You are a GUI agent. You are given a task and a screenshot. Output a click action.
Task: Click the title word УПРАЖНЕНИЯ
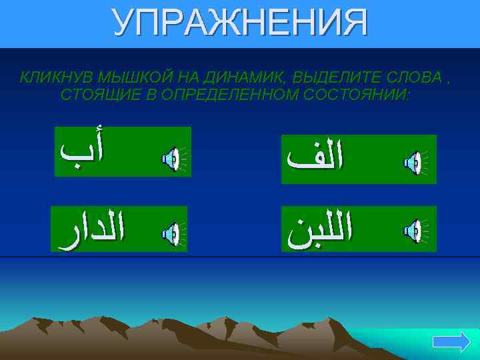pos(240,23)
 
